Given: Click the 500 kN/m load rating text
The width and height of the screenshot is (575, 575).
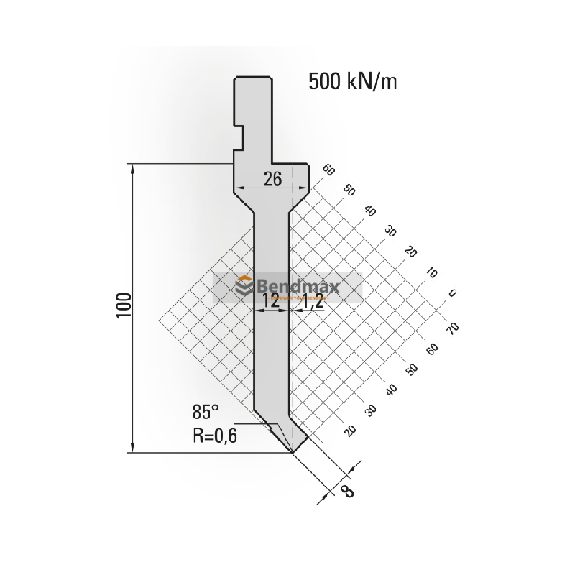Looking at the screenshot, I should click(x=352, y=82).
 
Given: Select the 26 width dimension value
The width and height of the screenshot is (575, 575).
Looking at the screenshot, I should click(x=272, y=180).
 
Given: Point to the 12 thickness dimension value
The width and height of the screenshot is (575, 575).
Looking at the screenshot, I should click(x=270, y=302).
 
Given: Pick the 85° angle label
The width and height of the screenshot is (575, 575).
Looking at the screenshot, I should click(x=205, y=413).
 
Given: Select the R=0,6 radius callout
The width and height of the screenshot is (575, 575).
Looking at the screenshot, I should click(x=214, y=434).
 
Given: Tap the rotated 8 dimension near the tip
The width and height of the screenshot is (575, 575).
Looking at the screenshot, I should click(x=346, y=492).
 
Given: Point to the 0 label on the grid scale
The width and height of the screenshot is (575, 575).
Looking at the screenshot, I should click(x=451, y=293).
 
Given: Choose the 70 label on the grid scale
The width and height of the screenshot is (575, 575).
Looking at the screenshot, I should click(x=452, y=328).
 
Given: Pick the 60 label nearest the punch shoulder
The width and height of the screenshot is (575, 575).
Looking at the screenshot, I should click(x=329, y=170).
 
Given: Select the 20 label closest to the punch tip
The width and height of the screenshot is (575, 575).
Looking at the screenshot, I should click(x=350, y=430).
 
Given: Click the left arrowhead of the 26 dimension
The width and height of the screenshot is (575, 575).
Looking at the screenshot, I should click(x=238, y=188).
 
